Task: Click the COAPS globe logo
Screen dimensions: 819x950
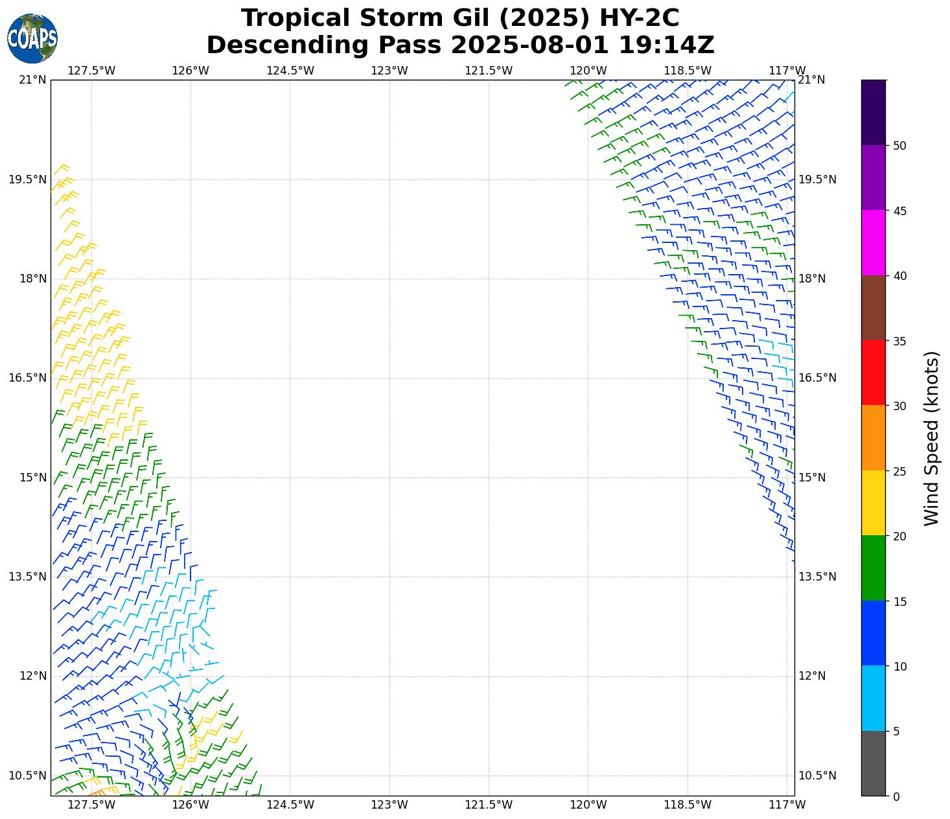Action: click(x=32, y=39)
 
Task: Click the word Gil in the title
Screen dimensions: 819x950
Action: click(x=465, y=18)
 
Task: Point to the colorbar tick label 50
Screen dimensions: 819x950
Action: click(x=899, y=146)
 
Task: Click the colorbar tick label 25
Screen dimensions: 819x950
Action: click(x=899, y=471)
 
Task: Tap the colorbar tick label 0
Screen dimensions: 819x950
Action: click(x=896, y=797)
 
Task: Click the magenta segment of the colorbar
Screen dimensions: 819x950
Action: click(x=873, y=242)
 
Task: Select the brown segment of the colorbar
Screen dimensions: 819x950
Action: click(x=873, y=308)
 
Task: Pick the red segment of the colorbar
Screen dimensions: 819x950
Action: click(x=873, y=373)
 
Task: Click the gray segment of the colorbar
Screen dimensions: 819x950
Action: click(x=873, y=763)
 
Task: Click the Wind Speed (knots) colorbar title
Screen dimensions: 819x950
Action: click(x=931, y=438)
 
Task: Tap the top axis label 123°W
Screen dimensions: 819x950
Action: click(x=389, y=71)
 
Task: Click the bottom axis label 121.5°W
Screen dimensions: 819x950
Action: click(x=489, y=805)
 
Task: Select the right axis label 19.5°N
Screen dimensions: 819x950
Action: click(x=817, y=179)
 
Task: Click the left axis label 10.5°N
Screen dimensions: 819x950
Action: click(x=27, y=776)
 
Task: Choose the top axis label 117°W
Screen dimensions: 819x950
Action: click(x=787, y=71)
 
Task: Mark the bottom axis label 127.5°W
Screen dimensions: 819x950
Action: click(x=91, y=805)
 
